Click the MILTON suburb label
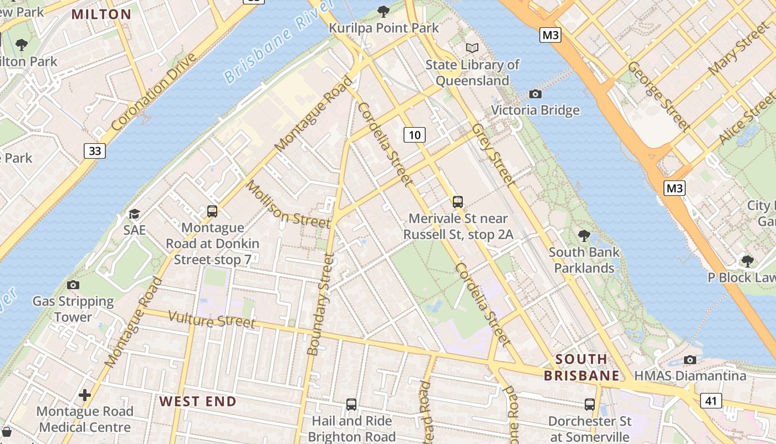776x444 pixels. [101, 14]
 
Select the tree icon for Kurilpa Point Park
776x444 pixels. [383, 11]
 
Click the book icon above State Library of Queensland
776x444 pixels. [472, 48]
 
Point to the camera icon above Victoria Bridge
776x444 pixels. [535, 94]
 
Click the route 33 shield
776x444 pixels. [95, 150]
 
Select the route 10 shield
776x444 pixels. [414, 134]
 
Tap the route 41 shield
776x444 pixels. [711, 400]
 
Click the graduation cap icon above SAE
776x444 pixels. [134, 214]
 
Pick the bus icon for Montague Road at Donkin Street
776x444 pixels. [212, 211]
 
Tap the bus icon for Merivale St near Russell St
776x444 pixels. [458, 201]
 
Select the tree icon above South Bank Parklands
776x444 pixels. [584, 235]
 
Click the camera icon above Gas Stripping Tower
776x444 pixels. [73, 285]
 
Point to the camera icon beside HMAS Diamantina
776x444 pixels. [690, 360]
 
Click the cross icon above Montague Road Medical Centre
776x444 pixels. [85, 395]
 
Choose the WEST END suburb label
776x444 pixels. [198, 401]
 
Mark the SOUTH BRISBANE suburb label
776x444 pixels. [581, 367]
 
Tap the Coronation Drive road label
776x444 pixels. [154, 92]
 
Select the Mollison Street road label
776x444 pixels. [288, 204]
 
